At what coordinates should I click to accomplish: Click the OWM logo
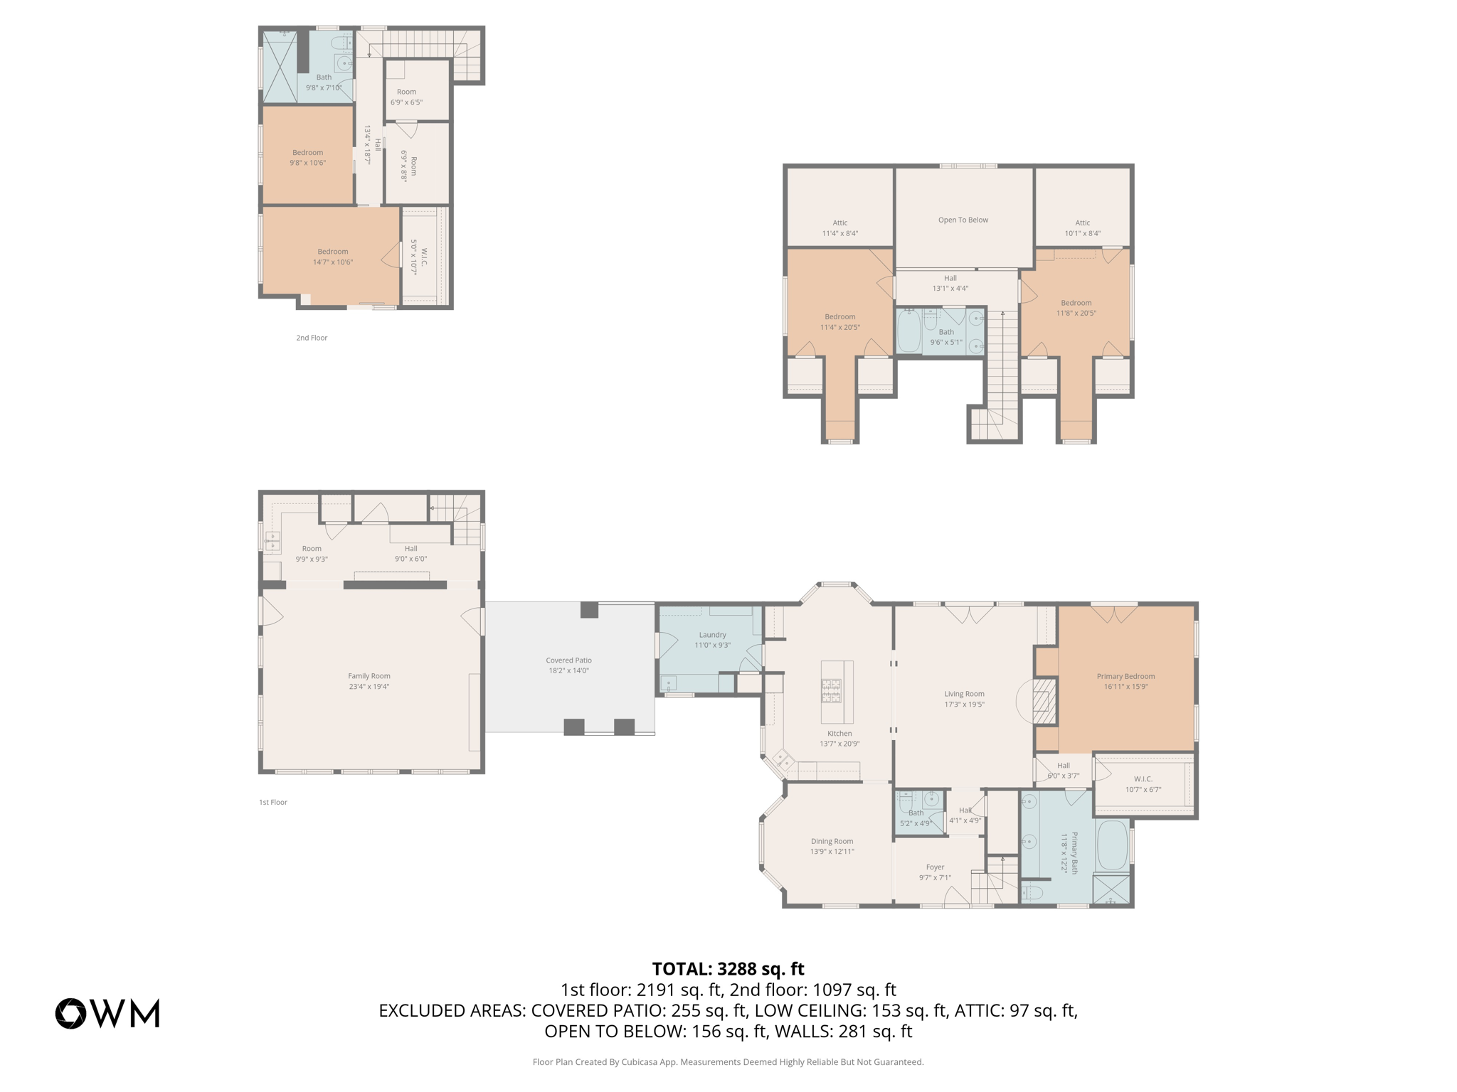point(107,1013)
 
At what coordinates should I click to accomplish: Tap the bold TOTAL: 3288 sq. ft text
point(728,969)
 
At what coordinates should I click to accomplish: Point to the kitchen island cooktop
point(831,691)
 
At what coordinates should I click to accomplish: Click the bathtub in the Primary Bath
point(1112,845)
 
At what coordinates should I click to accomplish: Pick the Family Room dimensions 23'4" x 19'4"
point(369,687)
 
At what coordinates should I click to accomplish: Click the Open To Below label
point(963,220)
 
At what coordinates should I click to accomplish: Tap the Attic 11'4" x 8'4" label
point(839,227)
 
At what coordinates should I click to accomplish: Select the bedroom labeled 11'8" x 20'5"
point(1076,308)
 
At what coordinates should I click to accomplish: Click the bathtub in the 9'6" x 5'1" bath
point(908,332)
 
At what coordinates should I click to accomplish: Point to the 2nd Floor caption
point(312,338)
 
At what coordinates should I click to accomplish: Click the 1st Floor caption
point(273,802)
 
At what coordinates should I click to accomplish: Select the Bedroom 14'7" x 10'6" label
point(332,257)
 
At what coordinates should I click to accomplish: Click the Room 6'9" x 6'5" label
point(406,97)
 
